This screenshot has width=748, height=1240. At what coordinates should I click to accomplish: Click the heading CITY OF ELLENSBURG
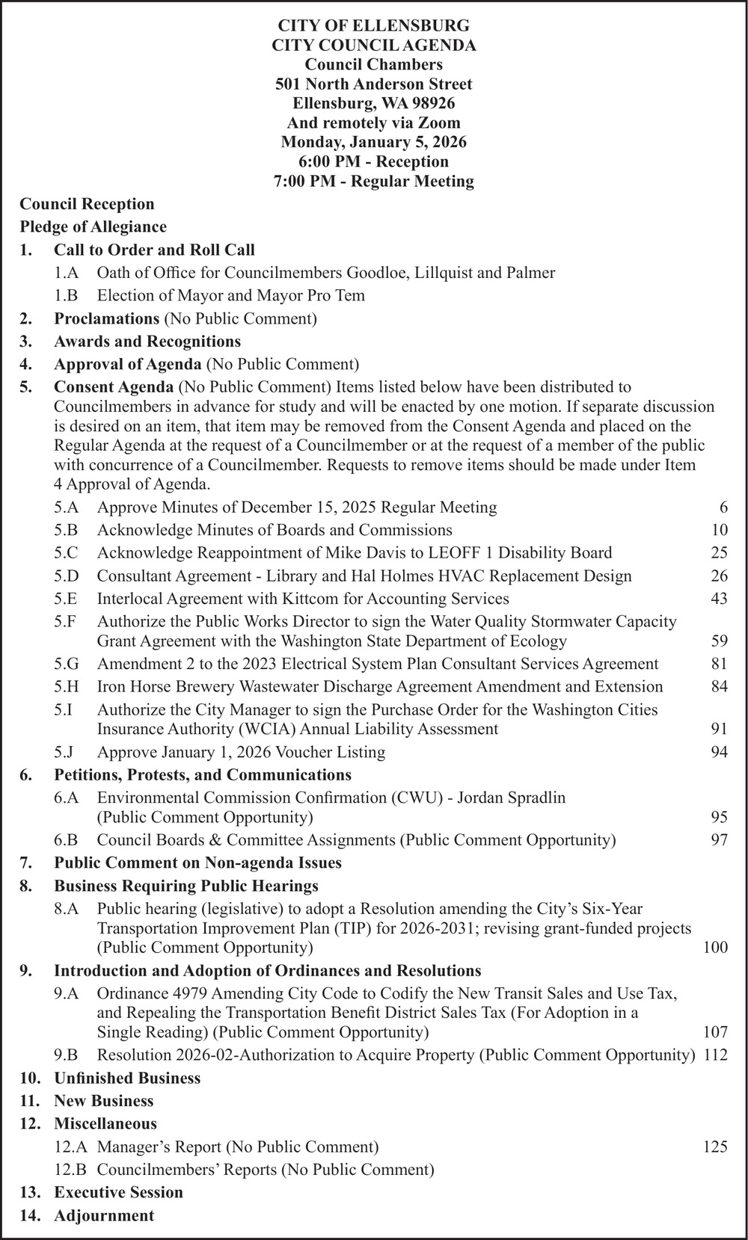coord(373,26)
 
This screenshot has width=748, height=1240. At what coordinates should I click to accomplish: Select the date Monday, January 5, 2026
coord(373,142)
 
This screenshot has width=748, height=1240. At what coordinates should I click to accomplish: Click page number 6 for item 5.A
coord(723,508)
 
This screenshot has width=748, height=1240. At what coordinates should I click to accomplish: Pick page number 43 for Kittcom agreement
coord(719,599)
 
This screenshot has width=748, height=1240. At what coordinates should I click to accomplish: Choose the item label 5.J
coord(65,752)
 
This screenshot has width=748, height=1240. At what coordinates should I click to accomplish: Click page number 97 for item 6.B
coord(719,840)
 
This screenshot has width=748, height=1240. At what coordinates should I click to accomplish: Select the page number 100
coord(715,948)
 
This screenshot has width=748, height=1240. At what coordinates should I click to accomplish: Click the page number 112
coord(715,1055)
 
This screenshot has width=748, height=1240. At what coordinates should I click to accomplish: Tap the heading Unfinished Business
coord(127,1078)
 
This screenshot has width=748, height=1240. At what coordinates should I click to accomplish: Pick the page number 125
coord(715,1147)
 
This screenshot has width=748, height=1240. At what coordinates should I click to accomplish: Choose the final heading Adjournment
coord(104,1215)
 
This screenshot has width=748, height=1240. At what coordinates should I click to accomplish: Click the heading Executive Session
coord(118,1192)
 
